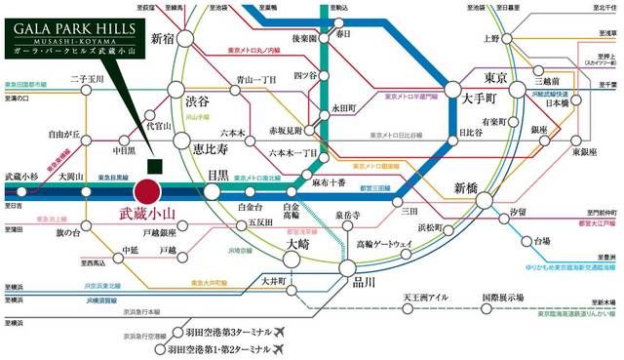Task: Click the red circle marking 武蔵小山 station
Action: click(x=149, y=191)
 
